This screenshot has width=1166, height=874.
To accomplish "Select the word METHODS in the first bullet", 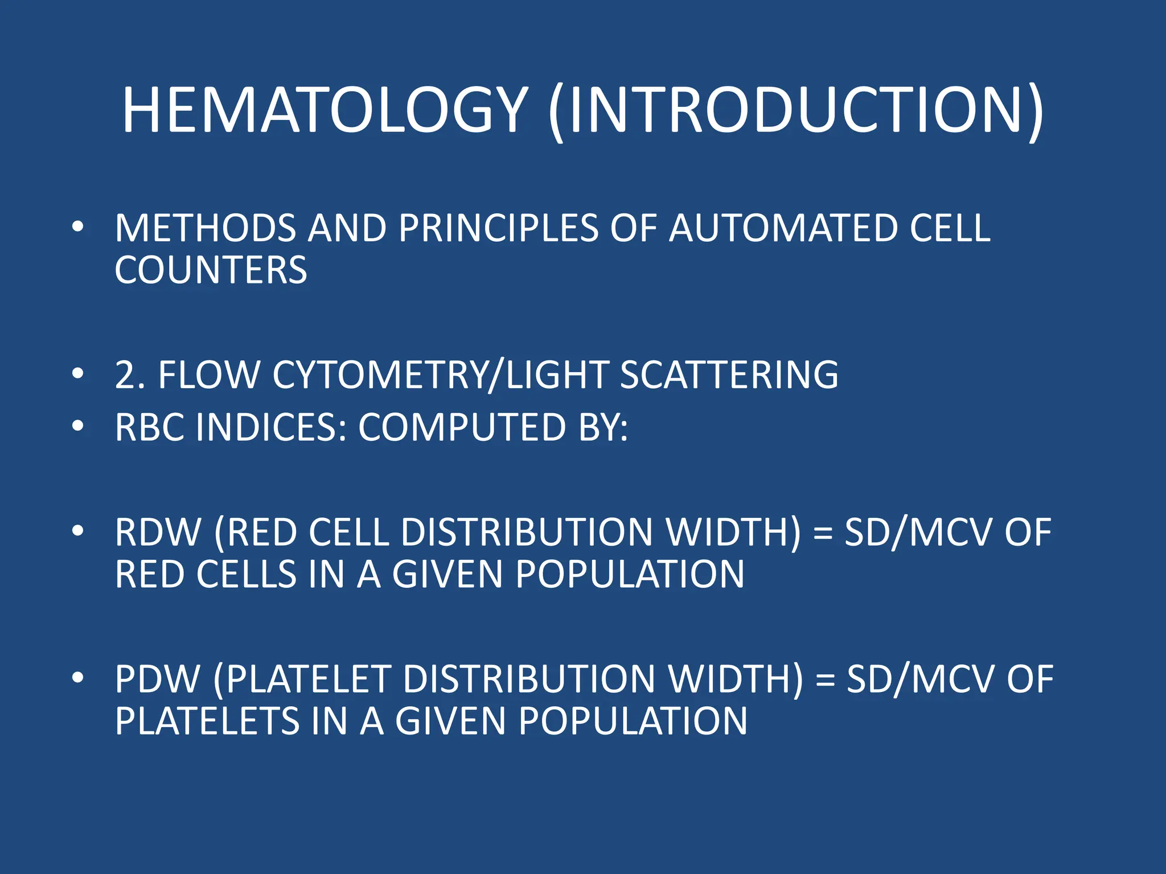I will click(206, 228).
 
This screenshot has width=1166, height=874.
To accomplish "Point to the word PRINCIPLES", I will click(498, 228).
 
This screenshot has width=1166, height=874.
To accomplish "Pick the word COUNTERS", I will click(211, 270).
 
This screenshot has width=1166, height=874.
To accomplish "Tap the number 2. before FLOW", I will click(129, 375).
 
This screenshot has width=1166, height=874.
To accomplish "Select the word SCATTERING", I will click(729, 375).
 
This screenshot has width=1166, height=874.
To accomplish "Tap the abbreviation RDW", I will click(158, 533).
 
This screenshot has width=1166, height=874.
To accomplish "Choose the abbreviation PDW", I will click(158, 679).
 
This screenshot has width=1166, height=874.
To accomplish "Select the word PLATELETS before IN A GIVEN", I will click(207, 721).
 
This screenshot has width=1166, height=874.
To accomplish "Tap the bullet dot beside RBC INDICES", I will click(78, 426).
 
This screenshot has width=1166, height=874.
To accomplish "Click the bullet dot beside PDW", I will click(78, 678).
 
